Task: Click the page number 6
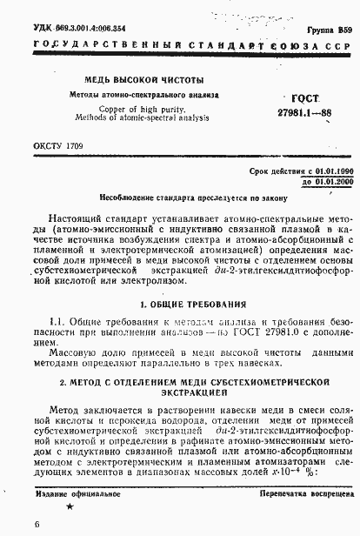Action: click(12, 525)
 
